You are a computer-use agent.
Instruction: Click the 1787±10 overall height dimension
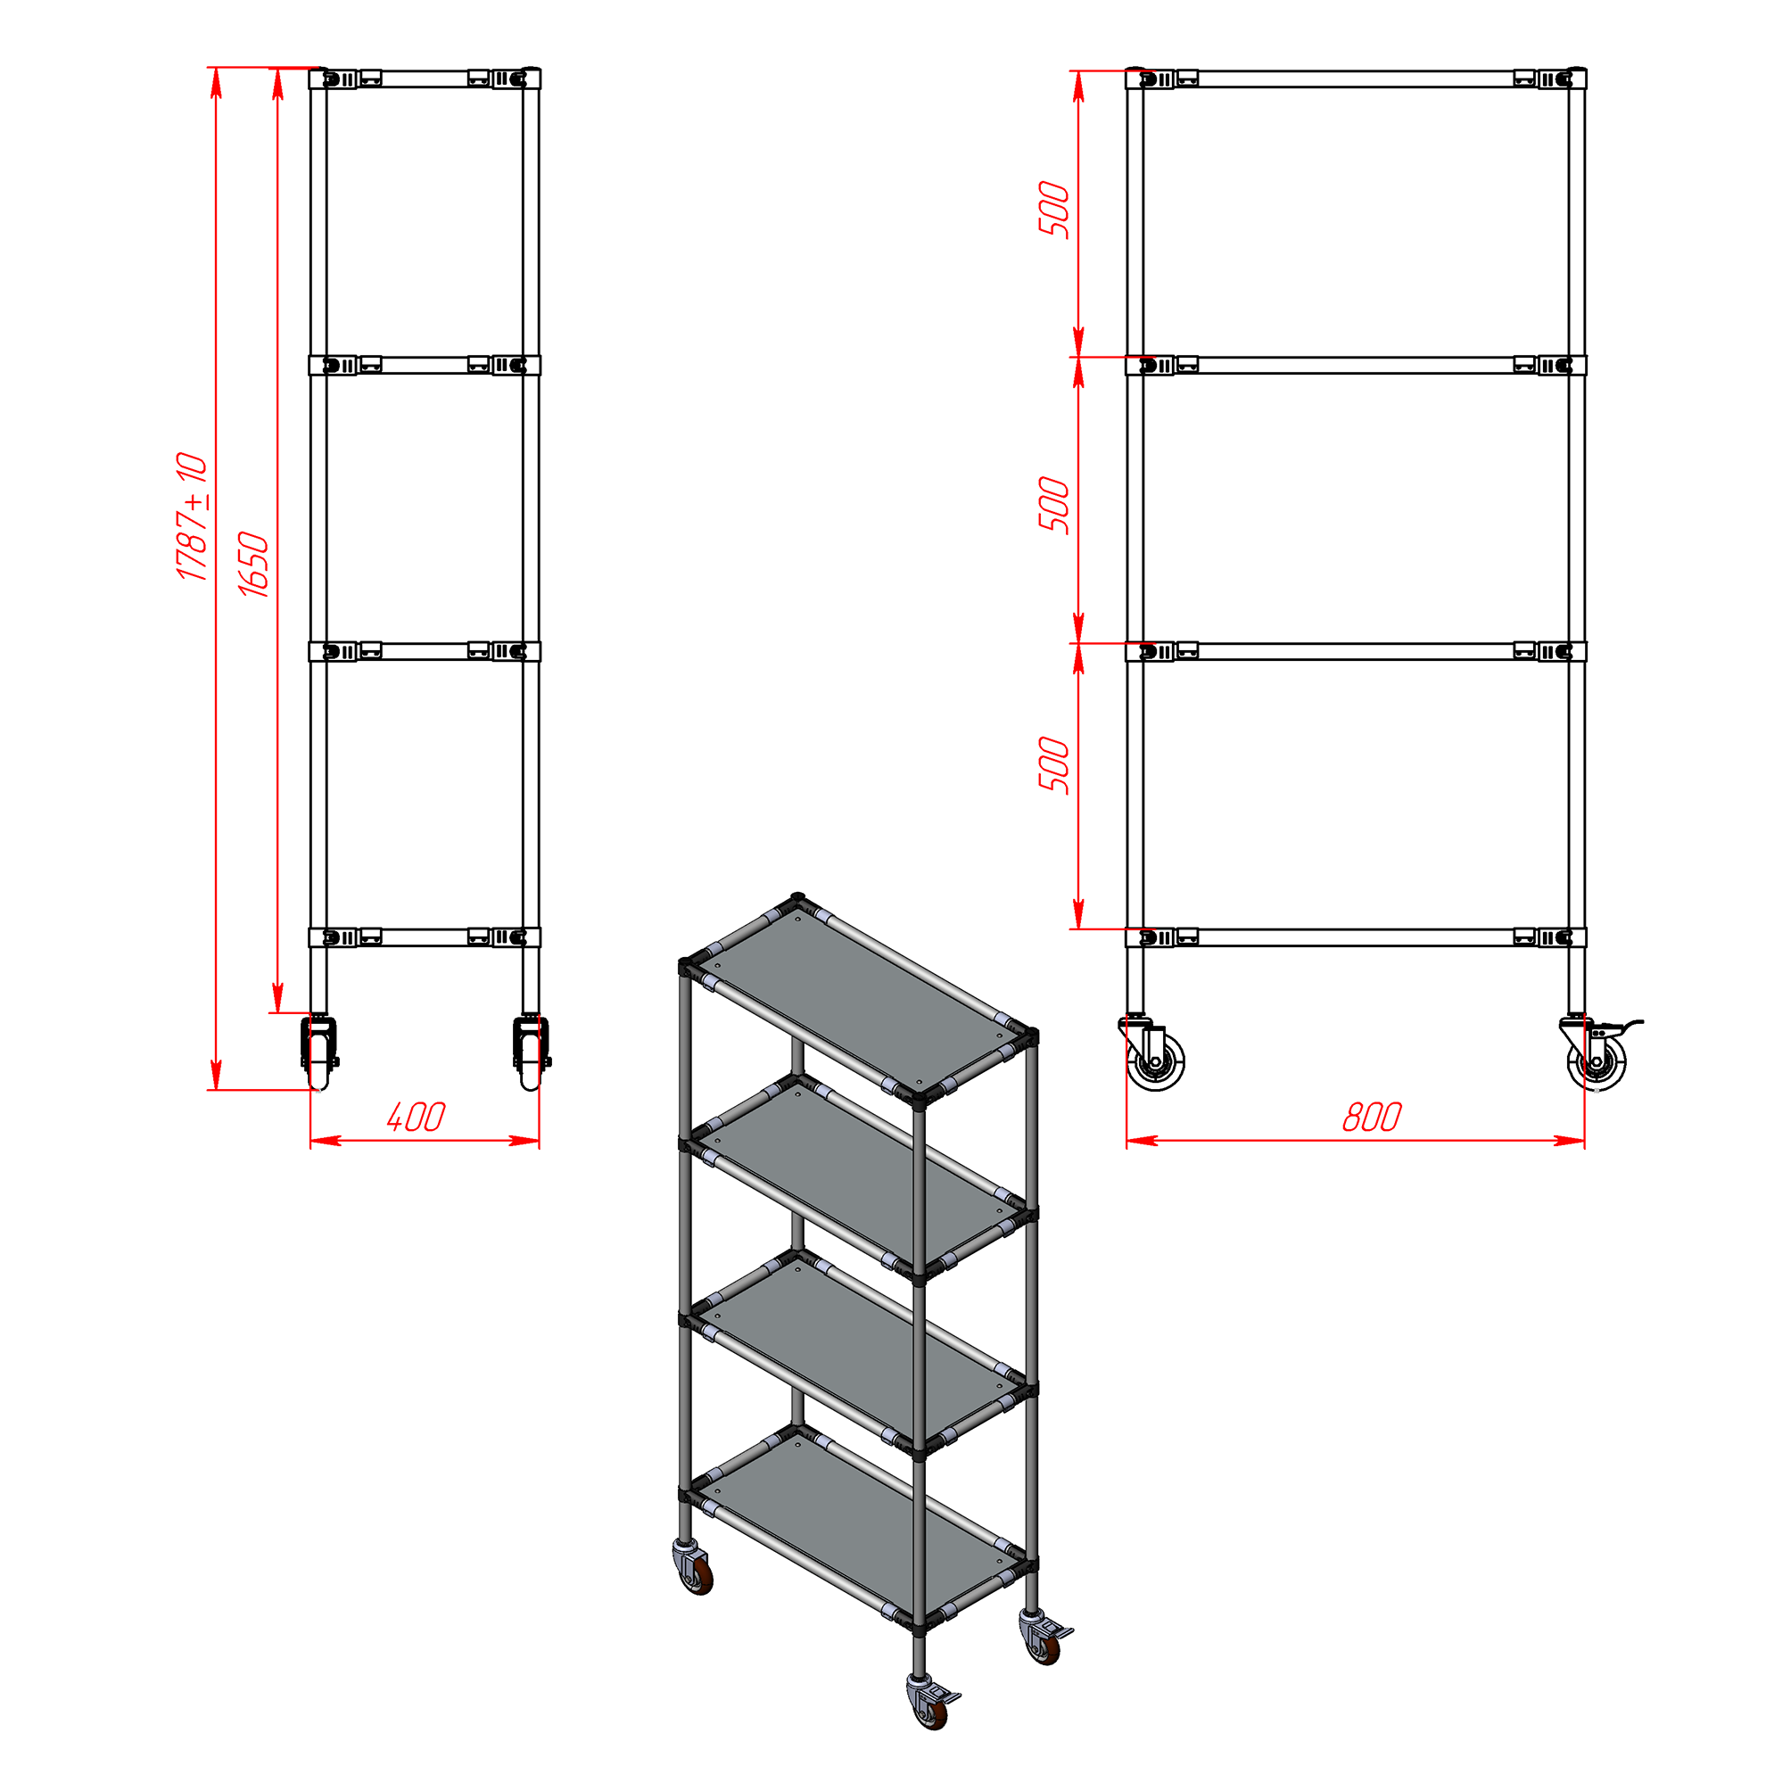[x=193, y=516]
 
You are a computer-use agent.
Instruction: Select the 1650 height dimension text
[x=254, y=564]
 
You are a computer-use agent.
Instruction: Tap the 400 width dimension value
[x=416, y=1116]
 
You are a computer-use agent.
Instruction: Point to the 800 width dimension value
[x=1371, y=1116]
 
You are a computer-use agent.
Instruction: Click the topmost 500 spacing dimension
[x=1054, y=210]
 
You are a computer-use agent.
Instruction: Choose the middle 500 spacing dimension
[x=1054, y=505]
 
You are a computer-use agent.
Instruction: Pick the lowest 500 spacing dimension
[x=1054, y=764]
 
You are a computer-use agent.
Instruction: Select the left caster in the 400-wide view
[x=319, y=1052]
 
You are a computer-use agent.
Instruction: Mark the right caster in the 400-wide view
[x=531, y=1052]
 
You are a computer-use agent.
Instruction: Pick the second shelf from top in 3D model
[x=858, y=1176]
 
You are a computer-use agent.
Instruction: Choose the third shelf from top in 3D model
[x=858, y=1352]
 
